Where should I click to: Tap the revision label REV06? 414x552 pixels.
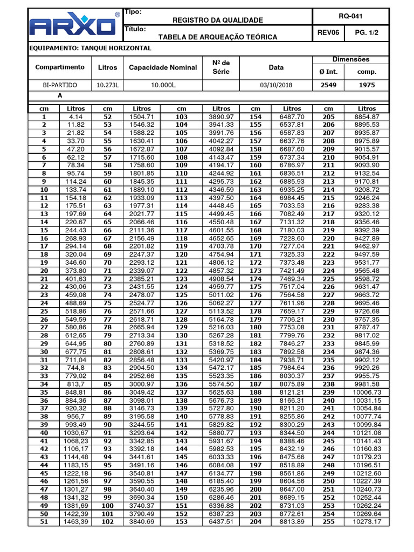click(x=328, y=33)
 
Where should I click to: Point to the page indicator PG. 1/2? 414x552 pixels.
click(x=367, y=33)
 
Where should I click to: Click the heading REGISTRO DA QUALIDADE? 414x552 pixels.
click(x=217, y=20)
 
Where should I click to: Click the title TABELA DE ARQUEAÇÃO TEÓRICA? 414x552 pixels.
click(x=217, y=37)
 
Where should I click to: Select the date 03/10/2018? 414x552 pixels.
click(x=275, y=85)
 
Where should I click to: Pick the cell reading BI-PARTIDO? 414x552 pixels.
click(x=60, y=85)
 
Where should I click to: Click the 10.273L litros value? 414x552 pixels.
click(x=107, y=85)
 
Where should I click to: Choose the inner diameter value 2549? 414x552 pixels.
click(x=328, y=85)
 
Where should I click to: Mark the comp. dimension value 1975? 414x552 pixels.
click(x=367, y=85)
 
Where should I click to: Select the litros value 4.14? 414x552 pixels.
click(x=75, y=116)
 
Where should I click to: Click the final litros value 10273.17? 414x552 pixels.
click(x=367, y=522)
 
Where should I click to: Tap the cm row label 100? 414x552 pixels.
click(x=108, y=505)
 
